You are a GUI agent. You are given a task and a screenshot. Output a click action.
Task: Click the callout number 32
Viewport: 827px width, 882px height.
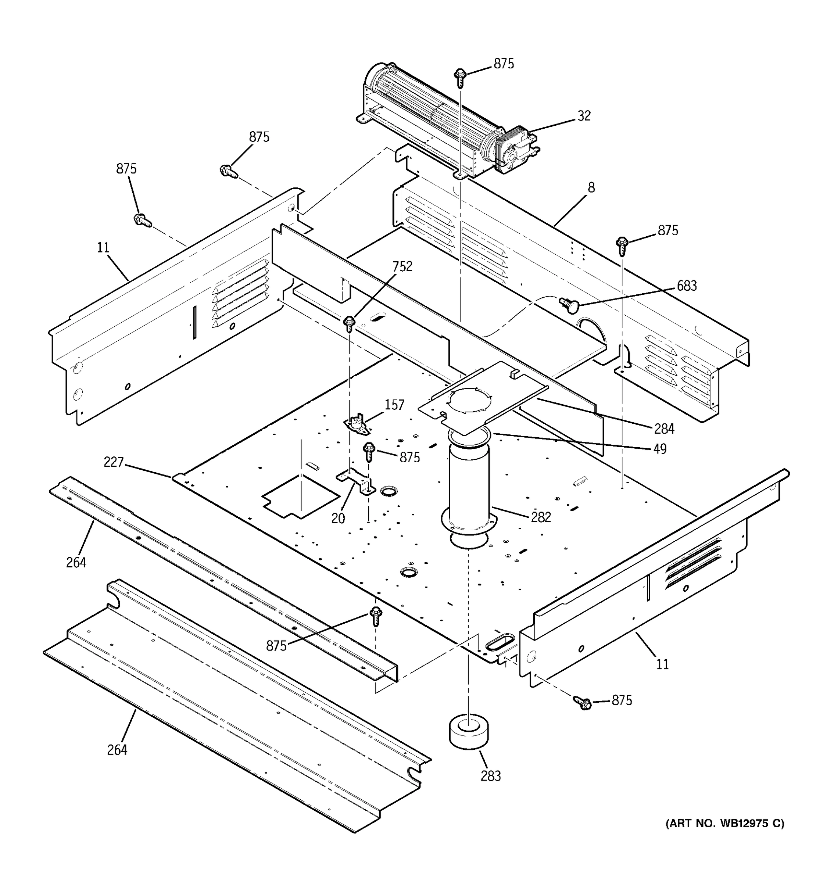click(584, 116)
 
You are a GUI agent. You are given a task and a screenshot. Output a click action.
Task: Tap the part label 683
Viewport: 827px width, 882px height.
click(686, 286)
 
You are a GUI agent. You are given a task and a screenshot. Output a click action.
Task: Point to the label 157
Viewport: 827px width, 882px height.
click(394, 405)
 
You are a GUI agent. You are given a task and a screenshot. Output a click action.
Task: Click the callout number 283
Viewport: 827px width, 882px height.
click(490, 776)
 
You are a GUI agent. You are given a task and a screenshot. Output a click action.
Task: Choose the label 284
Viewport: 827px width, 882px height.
click(664, 429)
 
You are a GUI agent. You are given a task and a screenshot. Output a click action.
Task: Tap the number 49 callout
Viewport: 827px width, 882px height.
click(660, 449)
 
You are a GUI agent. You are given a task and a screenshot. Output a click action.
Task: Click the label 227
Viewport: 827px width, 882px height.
click(113, 462)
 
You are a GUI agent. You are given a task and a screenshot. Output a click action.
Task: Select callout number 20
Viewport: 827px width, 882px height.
click(338, 518)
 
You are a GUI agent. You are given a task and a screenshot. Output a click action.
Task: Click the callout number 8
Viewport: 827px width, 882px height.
click(591, 188)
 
